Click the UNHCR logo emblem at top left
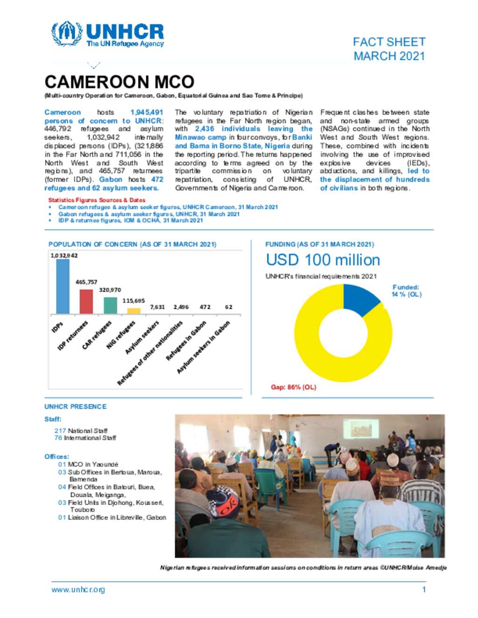(67, 34)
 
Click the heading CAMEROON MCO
(119, 82)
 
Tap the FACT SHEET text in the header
(389, 42)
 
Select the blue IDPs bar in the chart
(63, 286)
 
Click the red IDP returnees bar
(86, 301)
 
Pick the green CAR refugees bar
(110, 305)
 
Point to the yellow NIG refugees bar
(134, 311)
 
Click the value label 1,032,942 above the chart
(64, 256)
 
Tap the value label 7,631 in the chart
(157, 307)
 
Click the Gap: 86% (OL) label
(293, 387)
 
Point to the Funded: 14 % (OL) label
(406, 291)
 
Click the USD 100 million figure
(323, 260)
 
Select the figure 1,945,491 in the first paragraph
(147, 112)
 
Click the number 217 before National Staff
(60, 431)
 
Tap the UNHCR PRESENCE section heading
(76, 407)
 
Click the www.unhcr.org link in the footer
(78, 590)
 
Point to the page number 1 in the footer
(424, 590)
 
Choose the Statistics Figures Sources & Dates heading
(97, 200)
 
